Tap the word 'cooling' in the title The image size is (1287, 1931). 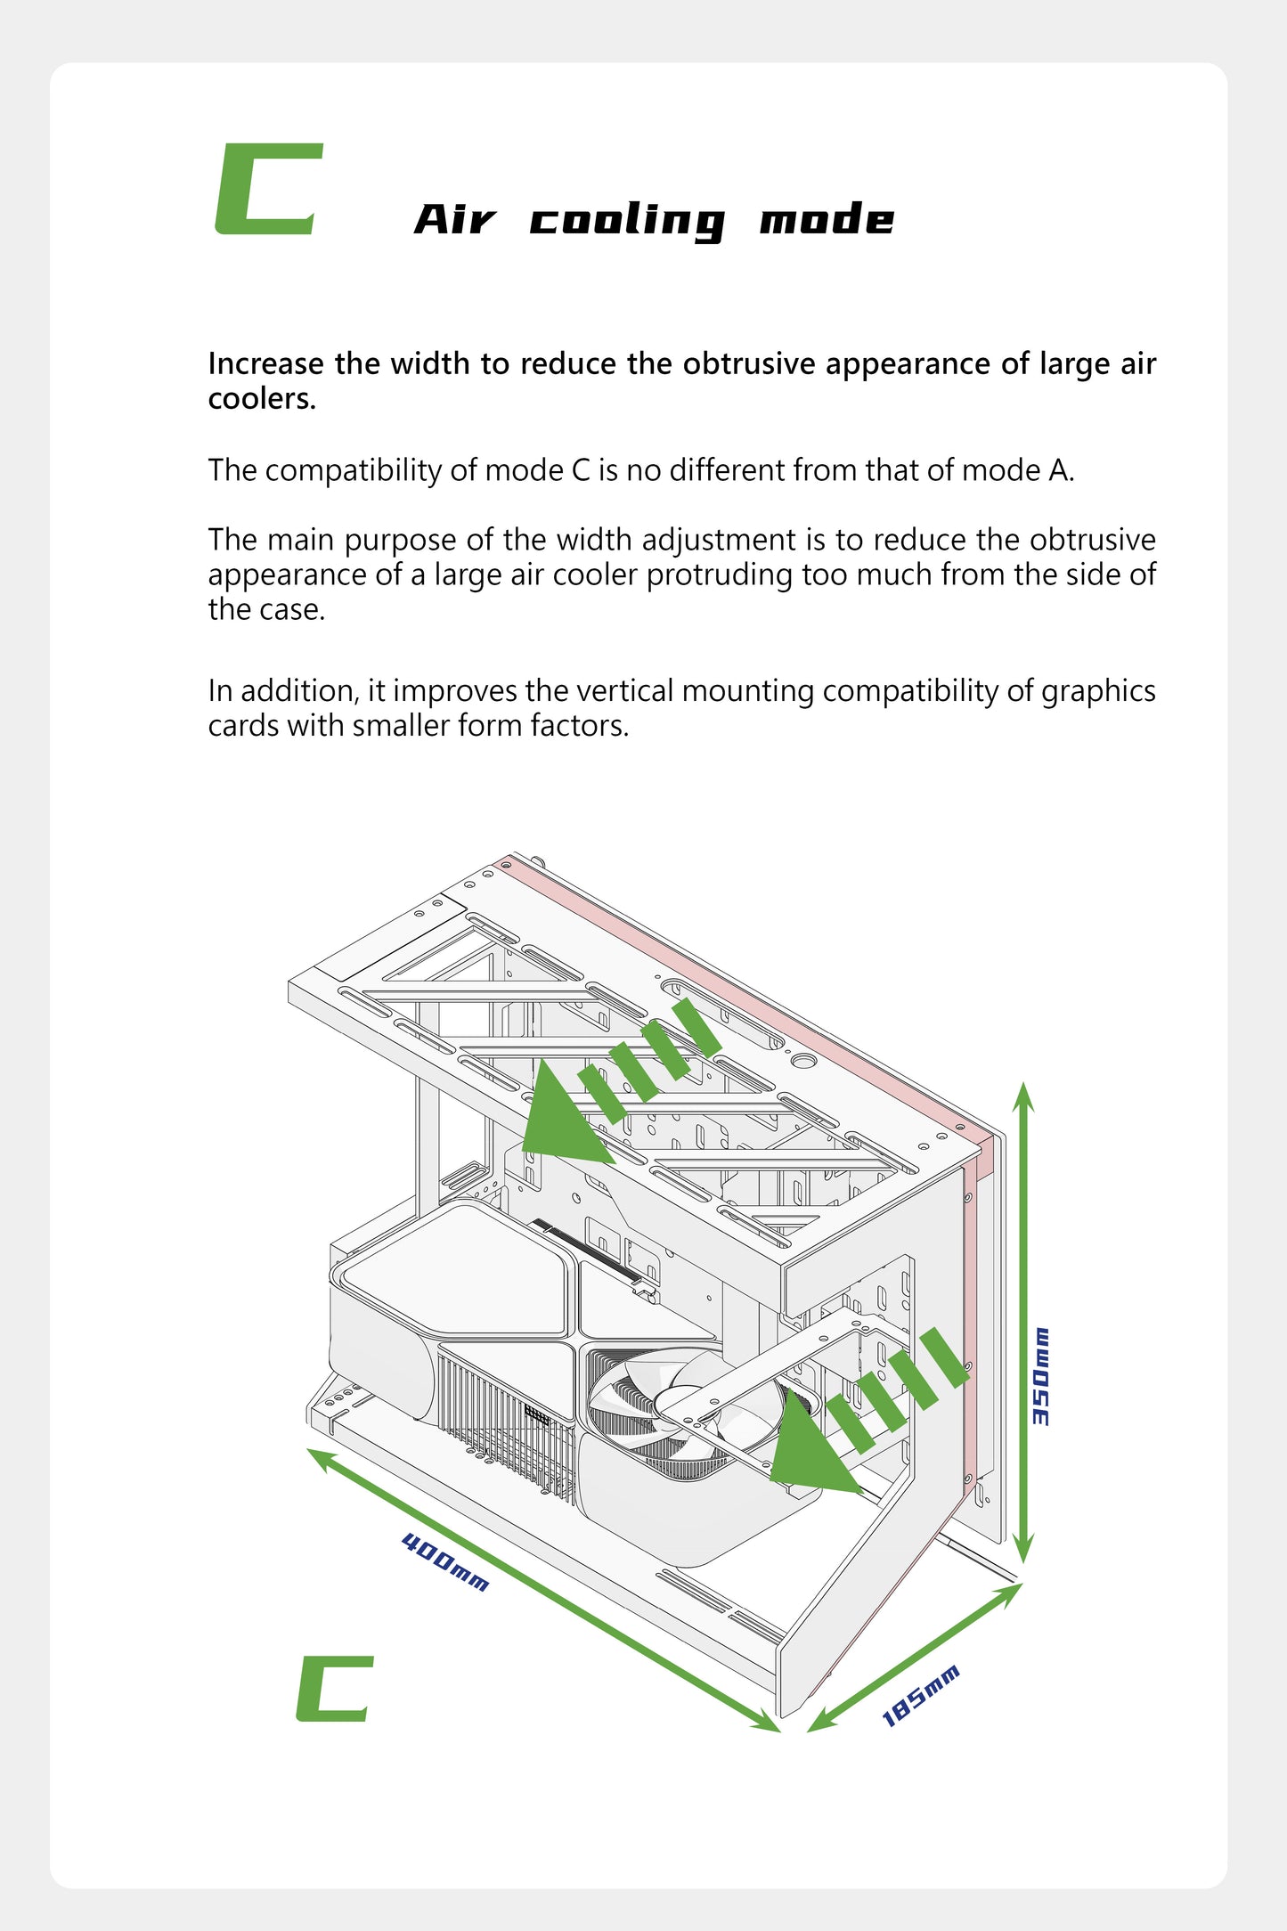pos(627,221)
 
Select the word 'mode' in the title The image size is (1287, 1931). pos(827,218)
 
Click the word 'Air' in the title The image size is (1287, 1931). pos(455,219)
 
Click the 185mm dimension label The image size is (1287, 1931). pos(921,1696)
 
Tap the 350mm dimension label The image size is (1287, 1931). pos(1040,1376)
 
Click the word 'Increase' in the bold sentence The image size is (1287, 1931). pos(266,363)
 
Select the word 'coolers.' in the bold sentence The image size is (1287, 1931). pos(262,399)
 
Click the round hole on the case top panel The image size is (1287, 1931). pos(803,1061)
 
